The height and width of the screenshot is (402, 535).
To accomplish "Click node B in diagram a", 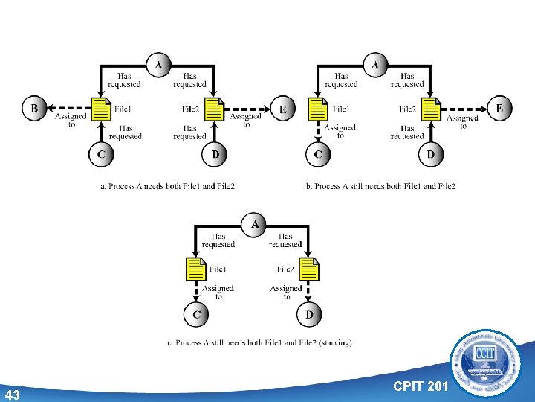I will (x=33, y=109).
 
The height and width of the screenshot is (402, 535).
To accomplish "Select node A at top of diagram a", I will (x=158, y=65).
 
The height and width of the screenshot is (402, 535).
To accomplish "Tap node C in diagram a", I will (x=100, y=155).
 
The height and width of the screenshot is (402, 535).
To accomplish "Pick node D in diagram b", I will (x=430, y=155).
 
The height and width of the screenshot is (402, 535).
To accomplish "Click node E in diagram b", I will (x=499, y=109).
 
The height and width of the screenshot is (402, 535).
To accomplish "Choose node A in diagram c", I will (x=255, y=223).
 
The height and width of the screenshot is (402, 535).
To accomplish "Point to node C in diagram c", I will (x=196, y=315).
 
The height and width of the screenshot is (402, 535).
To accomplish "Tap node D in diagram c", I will (x=309, y=315).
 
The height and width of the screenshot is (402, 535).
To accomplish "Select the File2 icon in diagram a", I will (x=214, y=109).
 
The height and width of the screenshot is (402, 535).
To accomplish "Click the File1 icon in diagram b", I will (x=317, y=109).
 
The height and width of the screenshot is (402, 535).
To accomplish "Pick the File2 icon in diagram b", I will (x=431, y=109).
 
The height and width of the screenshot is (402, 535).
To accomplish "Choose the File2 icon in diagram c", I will (x=309, y=269).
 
